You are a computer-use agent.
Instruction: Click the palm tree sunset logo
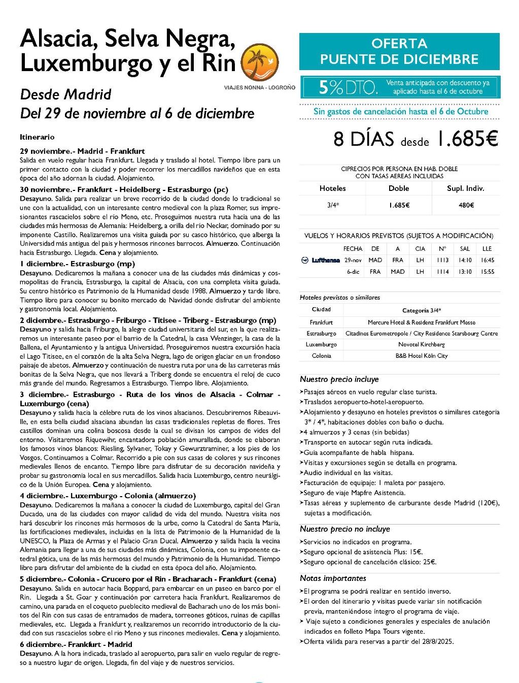click(x=259, y=62)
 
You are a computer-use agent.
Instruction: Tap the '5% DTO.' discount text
click(x=348, y=87)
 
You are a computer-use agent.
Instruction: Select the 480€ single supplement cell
click(x=466, y=205)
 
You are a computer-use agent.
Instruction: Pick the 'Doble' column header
click(x=399, y=188)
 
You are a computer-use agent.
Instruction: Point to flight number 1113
click(x=442, y=260)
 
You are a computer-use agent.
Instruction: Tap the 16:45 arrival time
click(x=487, y=260)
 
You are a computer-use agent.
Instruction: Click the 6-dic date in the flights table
click(x=353, y=272)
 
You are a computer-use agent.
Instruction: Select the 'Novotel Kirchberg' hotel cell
click(x=422, y=344)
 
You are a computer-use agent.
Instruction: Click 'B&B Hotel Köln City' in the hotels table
click(x=422, y=355)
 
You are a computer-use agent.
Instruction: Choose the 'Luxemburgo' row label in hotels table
click(x=321, y=344)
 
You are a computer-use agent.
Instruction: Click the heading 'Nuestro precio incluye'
click(x=339, y=379)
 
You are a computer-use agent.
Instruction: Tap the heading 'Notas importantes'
click(x=332, y=578)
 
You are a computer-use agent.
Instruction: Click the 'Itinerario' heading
click(x=37, y=137)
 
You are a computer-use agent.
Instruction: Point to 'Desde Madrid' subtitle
click(x=65, y=94)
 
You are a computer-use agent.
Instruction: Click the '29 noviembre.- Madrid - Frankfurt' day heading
click(x=82, y=151)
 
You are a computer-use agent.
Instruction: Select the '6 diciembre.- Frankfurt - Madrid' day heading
click(x=76, y=644)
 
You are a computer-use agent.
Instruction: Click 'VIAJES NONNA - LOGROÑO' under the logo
click(x=259, y=88)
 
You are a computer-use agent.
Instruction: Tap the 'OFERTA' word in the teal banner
click(x=399, y=44)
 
